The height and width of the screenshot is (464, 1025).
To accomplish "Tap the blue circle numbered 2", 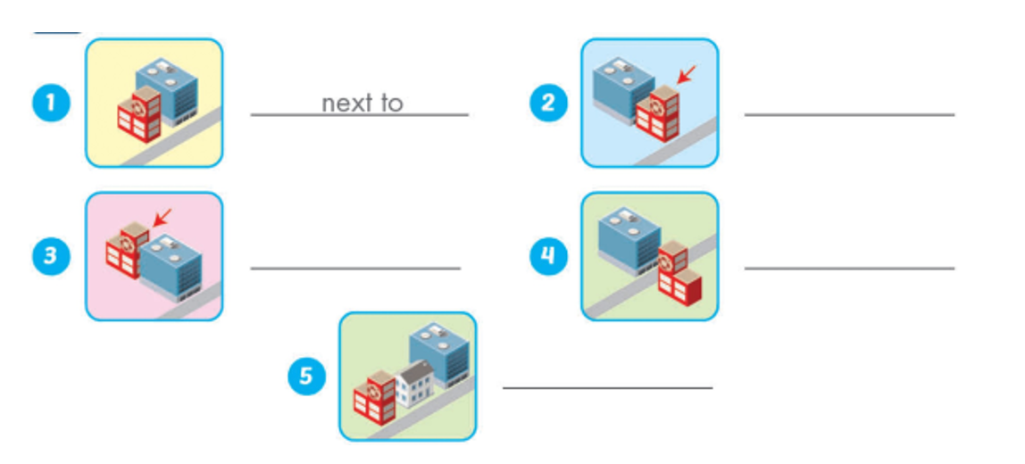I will [547, 104].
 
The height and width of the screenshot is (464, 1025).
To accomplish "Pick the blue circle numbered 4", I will [547, 257].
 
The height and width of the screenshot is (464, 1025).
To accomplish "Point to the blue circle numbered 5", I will [305, 377].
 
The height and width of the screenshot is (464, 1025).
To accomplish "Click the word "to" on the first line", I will [391, 104].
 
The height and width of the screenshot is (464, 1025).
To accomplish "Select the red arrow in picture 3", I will [162, 217].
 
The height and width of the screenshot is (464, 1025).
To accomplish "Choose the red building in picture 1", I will [139, 114].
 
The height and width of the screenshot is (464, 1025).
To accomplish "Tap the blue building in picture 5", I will [438, 352].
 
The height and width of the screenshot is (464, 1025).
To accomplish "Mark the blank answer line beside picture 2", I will [848, 114].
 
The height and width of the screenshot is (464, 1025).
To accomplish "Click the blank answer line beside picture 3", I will [354, 268].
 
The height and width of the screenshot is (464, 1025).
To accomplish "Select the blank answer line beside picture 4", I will [848, 268].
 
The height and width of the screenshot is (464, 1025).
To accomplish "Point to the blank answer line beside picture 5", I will [607, 387].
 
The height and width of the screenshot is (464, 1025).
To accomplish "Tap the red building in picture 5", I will [374, 398].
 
